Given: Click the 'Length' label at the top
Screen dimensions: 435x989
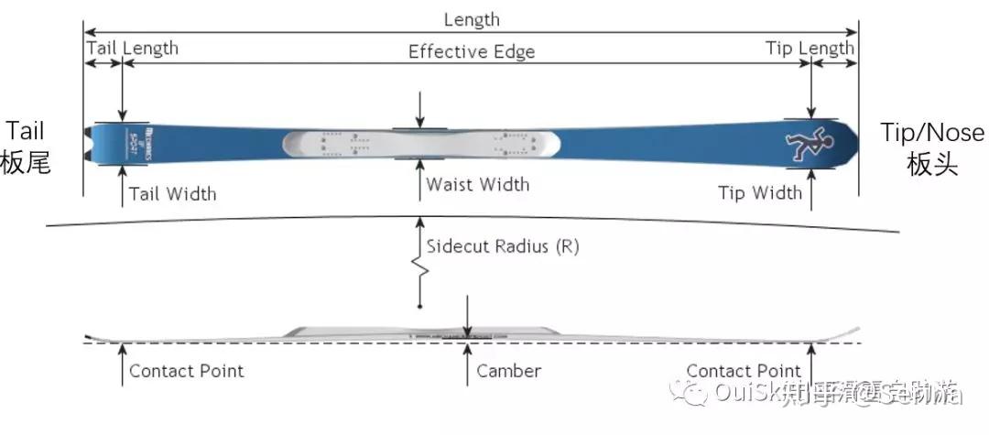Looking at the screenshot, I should pos(472,19).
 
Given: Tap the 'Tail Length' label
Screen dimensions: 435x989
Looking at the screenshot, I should pos(132,48).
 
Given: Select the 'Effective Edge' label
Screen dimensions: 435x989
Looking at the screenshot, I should pos(472,50).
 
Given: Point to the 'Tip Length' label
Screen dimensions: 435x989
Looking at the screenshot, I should pos(810,48).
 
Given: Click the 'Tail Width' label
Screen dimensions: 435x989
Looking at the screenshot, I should pos(172,193).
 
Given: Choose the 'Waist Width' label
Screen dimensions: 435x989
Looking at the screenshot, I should pos(477,184).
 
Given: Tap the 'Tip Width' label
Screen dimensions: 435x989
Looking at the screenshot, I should pos(759,192).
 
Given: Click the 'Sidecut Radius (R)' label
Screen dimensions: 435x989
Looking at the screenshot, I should pos(502,246).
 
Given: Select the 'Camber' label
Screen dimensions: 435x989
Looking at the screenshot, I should pos(508,371).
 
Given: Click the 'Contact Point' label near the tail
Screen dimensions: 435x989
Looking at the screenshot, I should pos(186,371).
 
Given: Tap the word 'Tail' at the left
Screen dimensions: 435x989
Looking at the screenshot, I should pos(25,131).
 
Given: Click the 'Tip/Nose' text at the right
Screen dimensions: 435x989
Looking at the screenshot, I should pos(932,133).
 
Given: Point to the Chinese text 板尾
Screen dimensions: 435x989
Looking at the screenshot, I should pos(25,163).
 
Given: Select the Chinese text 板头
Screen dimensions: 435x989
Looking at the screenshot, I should pos(932,165).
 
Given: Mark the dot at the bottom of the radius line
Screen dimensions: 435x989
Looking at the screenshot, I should pos(420,305).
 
